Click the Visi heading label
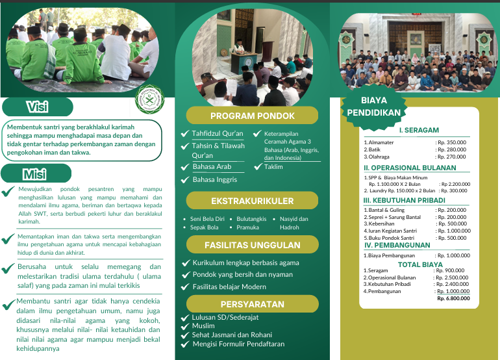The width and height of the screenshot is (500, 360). [37, 107]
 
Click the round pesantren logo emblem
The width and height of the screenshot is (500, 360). [149, 98]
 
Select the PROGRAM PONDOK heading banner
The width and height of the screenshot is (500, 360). [252, 116]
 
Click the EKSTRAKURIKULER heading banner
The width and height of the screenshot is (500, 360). [252, 201]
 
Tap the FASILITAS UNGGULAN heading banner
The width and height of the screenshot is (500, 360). [252, 245]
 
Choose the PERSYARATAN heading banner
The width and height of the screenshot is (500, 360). [252, 304]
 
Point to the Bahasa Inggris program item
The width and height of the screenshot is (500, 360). [215, 179]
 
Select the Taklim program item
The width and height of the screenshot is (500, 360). [273, 167]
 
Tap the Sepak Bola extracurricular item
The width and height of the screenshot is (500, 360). [204, 227]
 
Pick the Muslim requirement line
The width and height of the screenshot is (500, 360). [203, 326]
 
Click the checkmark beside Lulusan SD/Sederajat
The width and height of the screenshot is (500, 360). [186, 317]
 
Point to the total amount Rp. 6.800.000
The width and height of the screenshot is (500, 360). [453, 298]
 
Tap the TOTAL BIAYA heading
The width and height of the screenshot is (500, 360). [419, 264]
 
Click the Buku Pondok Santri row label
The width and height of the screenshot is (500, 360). [391, 238]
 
